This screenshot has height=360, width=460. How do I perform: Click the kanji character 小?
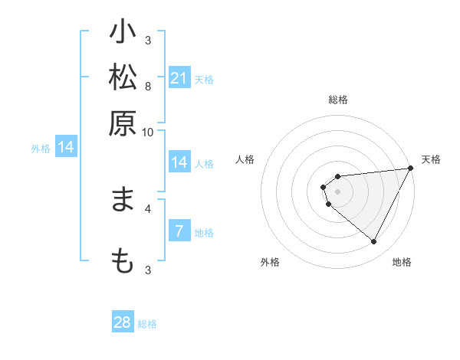coord(123,35)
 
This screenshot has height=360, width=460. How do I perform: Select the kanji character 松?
coord(123,79)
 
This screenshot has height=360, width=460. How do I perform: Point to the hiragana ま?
coord(123,201)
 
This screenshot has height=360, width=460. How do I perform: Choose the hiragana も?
coord(123,261)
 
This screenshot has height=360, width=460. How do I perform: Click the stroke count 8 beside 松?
coord(148,85)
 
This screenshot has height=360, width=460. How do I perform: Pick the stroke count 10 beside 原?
coord(148,132)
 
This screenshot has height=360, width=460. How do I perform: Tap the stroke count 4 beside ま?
coord(148,208)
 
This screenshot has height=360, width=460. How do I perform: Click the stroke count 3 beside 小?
coord(148,41)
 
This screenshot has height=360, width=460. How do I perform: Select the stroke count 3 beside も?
coord(148,269)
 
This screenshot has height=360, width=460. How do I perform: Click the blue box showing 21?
coord(179,78)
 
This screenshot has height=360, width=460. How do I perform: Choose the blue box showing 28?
coord(123,322)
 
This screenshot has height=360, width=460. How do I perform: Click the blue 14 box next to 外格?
coord(66,147)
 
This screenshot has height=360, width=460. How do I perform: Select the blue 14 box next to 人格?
coord(179,162)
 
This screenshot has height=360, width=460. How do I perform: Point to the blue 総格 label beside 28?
coord(147,324)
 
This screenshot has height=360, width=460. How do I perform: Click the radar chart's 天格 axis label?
coord(431,159)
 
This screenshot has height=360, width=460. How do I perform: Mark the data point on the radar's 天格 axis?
coord(410,169)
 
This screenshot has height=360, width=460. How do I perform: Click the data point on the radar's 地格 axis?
coord(374,241)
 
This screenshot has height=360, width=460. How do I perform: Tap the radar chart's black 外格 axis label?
coord(270,262)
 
